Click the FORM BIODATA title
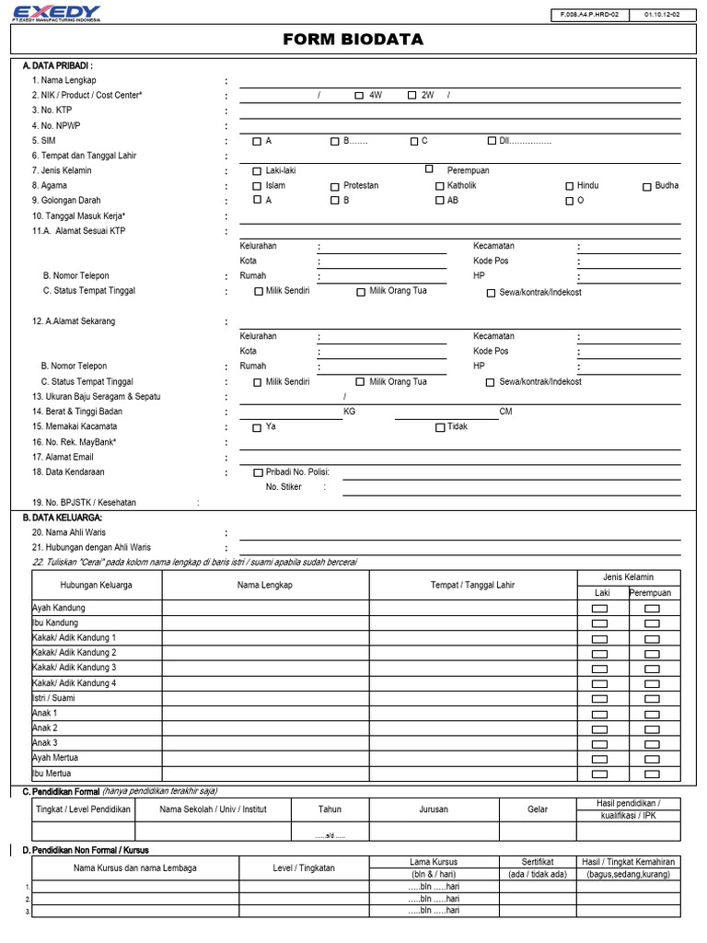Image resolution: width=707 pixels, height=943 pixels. (353, 40)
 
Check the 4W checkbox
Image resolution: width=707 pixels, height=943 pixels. (359, 96)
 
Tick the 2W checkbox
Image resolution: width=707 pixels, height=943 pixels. (411, 96)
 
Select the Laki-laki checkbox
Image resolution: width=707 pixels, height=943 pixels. (258, 171)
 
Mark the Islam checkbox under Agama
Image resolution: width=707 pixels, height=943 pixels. (258, 186)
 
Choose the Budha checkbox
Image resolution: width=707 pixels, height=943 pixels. (647, 186)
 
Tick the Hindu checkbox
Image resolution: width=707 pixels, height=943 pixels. (569, 186)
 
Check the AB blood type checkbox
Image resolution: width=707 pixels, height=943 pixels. (439, 201)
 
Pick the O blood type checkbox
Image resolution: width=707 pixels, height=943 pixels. (569, 201)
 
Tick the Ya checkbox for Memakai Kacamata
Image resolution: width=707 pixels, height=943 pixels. (258, 427)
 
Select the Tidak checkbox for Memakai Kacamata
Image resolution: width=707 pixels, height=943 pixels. (439, 427)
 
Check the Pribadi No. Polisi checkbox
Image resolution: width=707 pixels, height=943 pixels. (258, 473)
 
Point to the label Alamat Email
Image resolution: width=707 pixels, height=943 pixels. (63, 457)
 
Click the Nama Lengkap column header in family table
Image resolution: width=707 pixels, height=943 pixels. (265, 585)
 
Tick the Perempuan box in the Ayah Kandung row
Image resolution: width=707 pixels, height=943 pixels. (652, 610)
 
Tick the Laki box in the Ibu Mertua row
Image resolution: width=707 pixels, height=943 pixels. (600, 774)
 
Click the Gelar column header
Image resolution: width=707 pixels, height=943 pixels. (538, 809)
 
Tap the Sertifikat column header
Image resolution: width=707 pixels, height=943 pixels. (538, 862)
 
